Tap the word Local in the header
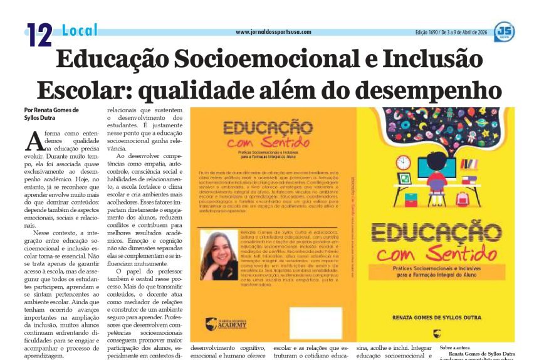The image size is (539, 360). [x=80, y=29]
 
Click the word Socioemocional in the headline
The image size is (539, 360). [x=266, y=60]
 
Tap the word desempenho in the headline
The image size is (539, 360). [x=422, y=90]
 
